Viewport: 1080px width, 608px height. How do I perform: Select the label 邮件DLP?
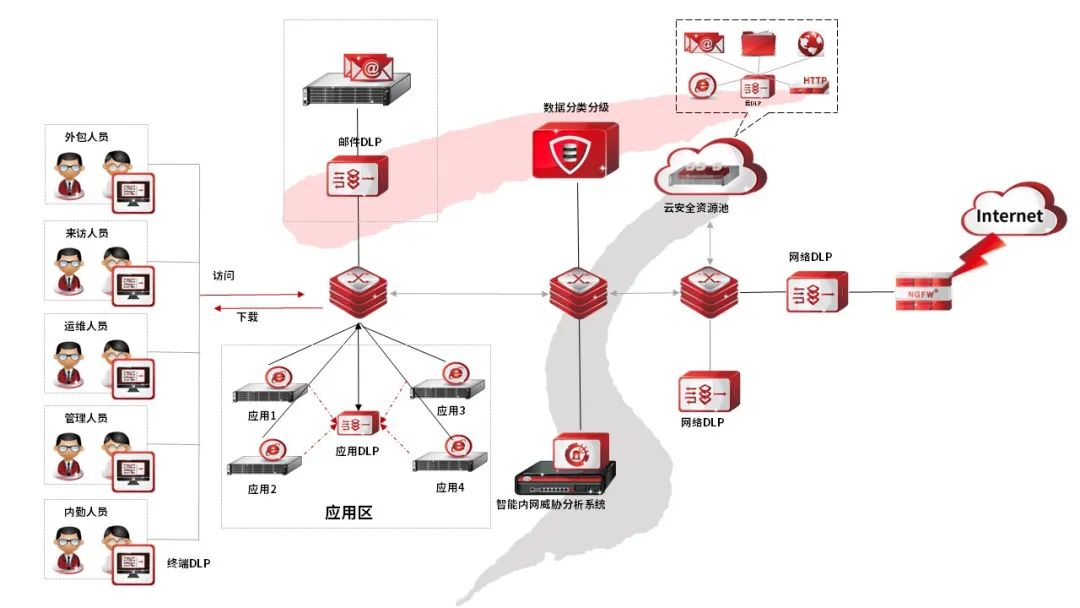[x=357, y=142]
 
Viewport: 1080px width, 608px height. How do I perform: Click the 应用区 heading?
[x=349, y=513]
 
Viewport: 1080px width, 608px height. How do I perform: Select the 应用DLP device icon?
[x=357, y=425]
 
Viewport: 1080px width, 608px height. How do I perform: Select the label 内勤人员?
[x=86, y=512]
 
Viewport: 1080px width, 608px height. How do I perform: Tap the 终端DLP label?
[x=188, y=564]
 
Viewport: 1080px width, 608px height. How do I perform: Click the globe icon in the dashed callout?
[x=810, y=43]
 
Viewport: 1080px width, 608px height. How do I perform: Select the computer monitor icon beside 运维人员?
[x=132, y=373]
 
